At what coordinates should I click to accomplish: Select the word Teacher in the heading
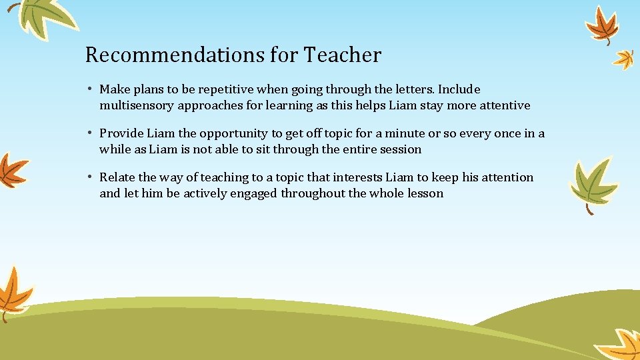click(343, 55)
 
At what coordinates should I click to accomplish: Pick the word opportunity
click(243, 133)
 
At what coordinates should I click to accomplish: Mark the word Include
click(459, 89)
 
